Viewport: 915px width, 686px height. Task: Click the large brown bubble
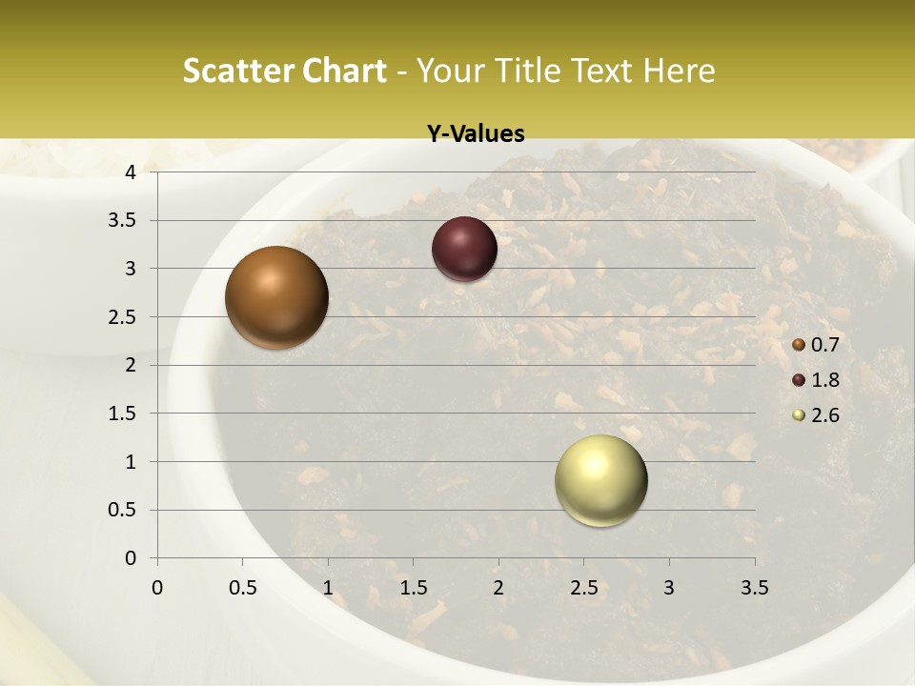coord(276,297)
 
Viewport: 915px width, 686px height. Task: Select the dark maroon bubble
coord(464,249)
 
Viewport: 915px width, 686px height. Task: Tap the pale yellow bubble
coord(600,480)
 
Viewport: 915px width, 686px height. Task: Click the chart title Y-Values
coord(476,134)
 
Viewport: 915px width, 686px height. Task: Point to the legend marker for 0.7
coord(799,345)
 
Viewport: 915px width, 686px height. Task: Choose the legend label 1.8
coord(824,380)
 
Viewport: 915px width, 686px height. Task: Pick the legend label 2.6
coord(824,415)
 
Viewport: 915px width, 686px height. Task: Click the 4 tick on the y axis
coord(131,172)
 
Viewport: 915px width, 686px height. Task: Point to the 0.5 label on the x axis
coord(242,588)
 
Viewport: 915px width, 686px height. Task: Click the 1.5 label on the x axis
coord(413,588)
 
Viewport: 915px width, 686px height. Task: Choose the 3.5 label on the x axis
coord(754,588)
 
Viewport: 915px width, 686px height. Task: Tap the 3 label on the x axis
coord(669,588)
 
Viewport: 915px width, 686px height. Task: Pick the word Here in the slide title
coord(679,71)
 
